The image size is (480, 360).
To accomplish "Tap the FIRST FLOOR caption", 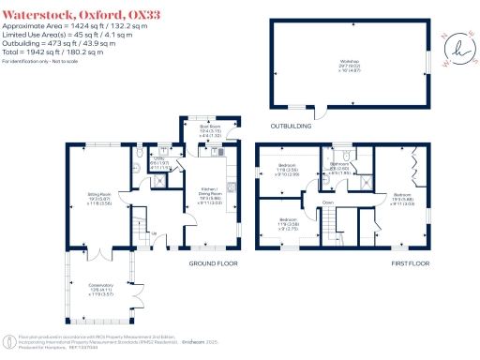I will tap(410, 264).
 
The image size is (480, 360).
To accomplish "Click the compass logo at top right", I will tap(457, 48).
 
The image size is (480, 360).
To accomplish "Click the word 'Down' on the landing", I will tap(328, 202).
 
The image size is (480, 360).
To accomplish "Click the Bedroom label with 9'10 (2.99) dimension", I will tap(286, 171).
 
